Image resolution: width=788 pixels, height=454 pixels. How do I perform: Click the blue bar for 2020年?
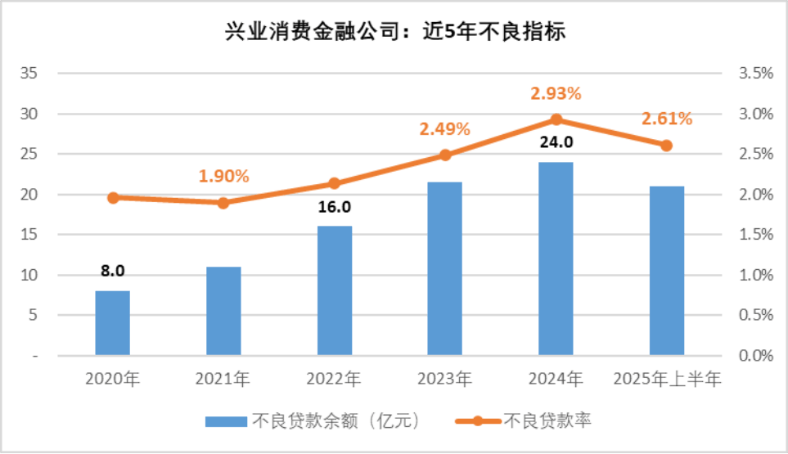click(112, 323)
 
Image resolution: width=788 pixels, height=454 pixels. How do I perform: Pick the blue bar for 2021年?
click(223, 311)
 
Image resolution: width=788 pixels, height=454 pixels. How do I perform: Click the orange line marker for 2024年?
click(556, 119)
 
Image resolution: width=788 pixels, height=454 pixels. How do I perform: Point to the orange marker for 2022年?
click(334, 183)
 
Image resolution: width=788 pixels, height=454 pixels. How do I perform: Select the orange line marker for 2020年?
click(113, 197)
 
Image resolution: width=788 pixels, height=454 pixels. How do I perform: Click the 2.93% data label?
click(556, 93)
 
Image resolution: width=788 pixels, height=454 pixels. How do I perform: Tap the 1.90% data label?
click(223, 176)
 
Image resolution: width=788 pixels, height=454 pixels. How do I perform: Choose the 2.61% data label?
click(667, 119)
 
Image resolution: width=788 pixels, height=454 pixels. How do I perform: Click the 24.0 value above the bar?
click(556, 142)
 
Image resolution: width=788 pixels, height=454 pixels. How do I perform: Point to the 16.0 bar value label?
click(334, 207)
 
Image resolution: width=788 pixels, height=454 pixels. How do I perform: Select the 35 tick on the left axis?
click(29, 74)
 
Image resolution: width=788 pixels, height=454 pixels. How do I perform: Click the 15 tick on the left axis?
click(29, 235)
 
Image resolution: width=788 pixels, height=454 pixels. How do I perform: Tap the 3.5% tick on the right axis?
click(755, 74)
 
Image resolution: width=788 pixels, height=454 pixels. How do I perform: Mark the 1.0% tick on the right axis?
click(755, 276)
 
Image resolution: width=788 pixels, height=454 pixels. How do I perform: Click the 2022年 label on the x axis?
click(334, 380)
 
